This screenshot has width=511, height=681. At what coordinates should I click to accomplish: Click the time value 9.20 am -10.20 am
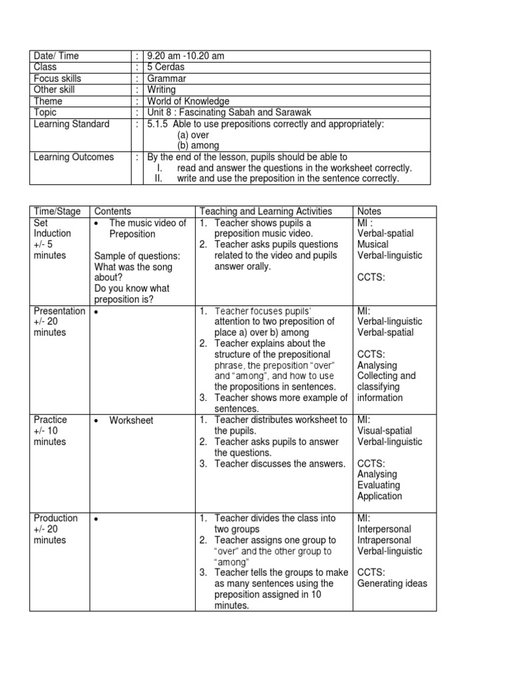186,56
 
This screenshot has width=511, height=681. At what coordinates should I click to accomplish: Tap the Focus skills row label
59,78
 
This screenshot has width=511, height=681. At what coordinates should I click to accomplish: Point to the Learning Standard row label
71,124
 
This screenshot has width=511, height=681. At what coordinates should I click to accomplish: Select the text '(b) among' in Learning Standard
198,145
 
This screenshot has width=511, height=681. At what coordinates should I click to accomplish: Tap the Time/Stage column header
57,211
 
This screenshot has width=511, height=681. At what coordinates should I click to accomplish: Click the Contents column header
112,211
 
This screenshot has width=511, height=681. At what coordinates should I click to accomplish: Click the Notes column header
369,211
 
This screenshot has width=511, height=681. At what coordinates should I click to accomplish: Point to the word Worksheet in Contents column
131,420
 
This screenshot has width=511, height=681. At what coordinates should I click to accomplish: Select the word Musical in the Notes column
373,245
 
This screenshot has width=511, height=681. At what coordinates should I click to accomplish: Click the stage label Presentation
60,311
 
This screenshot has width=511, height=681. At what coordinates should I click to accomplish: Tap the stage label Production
55,518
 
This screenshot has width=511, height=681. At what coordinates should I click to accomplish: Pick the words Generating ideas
392,584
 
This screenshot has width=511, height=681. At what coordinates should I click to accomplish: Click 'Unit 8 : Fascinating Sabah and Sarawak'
229,112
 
